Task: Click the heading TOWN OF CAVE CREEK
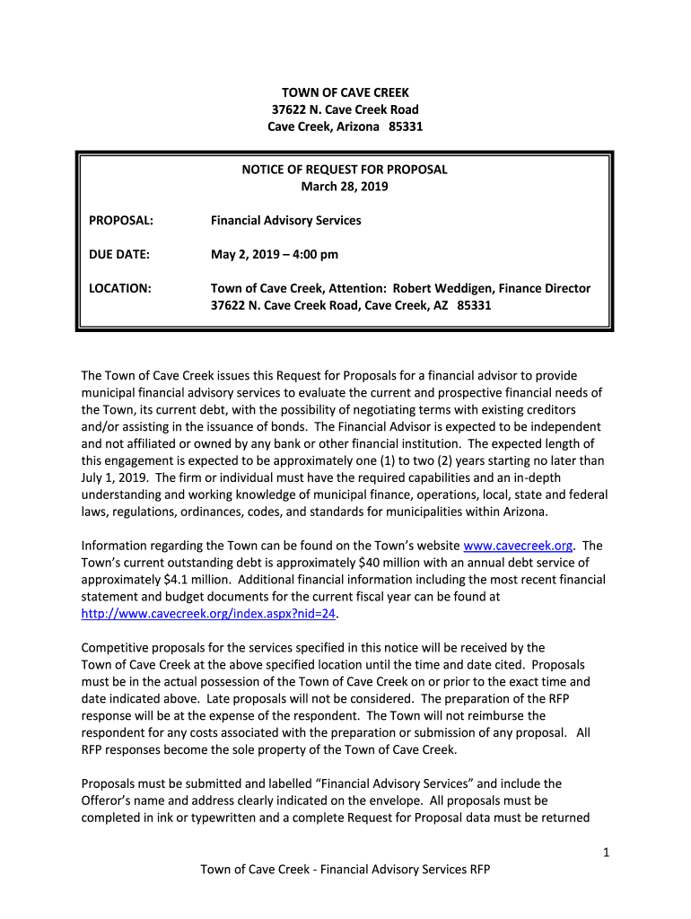(x=345, y=92)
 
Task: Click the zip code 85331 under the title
(x=405, y=127)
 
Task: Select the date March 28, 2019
(x=345, y=187)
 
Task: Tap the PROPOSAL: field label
(x=121, y=220)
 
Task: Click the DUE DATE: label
(x=119, y=254)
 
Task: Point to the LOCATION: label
(x=120, y=288)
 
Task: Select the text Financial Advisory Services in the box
(x=285, y=220)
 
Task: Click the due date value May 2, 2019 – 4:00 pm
(x=275, y=254)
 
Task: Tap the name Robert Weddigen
(x=441, y=288)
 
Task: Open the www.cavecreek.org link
(x=518, y=546)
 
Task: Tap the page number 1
(x=607, y=853)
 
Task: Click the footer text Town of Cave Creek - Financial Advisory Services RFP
(x=345, y=870)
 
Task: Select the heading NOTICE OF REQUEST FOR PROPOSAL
(x=345, y=170)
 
